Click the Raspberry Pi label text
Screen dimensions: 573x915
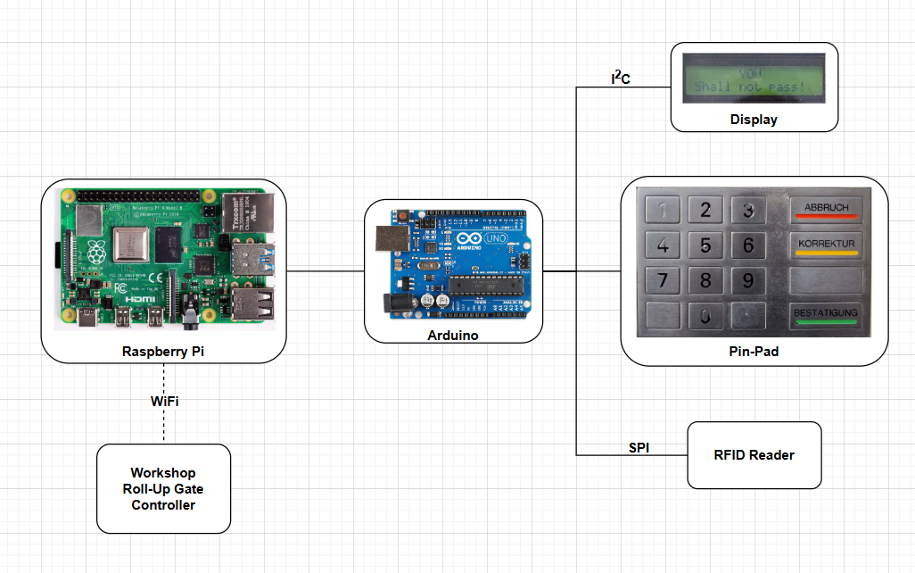(163, 352)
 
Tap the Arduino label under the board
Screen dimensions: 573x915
(453, 336)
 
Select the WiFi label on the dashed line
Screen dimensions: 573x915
(164, 402)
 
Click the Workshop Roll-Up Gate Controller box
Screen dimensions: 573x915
(163, 488)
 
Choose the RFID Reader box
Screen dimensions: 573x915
(754, 455)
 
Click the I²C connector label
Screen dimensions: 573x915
(620, 79)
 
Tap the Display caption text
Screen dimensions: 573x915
(754, 120)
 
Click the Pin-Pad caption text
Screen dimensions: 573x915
(754, 352)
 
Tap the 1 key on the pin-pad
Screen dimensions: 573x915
(662, 211)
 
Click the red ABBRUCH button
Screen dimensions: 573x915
(826, 210)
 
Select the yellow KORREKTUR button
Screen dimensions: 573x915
(826, 245)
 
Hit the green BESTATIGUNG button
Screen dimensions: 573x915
(826, 314)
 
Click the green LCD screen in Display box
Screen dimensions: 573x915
(754, 79)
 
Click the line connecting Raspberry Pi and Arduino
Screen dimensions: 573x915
(325, 270)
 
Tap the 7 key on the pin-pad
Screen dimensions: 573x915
(662, 280)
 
